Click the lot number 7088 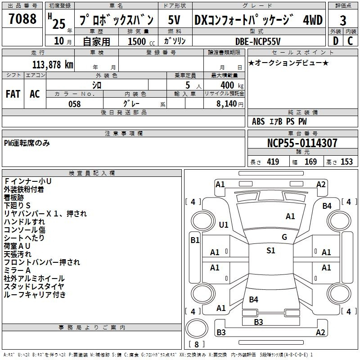click(x=22, y=18)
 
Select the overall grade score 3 click(x=343, y=21)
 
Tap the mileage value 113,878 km click(x=53, y=65)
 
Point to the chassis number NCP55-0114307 click(x=302, y=143)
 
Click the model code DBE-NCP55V click(x=258, y=41)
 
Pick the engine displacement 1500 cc click(x=141, y=41)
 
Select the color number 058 click(x=75, y=104)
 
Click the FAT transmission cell click(x=13, y=94)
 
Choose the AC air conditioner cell click(x=35, y=94)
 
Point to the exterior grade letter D click(x=336, y=41)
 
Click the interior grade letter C click(x=350, y=41)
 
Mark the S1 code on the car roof click(x=271, y=250)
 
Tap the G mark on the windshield click(x=284, y=237)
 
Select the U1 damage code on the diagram click(x=224, y=225)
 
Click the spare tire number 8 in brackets click(x=197, y=344)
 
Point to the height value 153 click(x=346, y=162)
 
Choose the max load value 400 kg click(x=232, y=85)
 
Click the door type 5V click(x=174, y=20)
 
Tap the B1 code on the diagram click(x=195, y=240)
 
